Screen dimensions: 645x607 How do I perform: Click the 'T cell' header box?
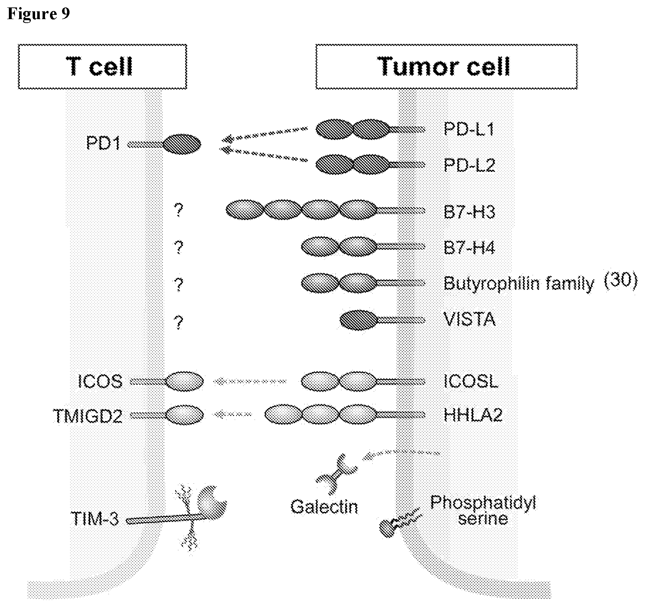pos(102,66)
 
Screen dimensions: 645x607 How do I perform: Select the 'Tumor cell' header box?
pos(446,66)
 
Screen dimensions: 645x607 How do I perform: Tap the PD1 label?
pos(104,143)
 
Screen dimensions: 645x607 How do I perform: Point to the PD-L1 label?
pos(469,129)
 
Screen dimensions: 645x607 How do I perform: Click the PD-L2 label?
pos(469,165)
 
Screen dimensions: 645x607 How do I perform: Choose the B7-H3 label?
pos(469,212)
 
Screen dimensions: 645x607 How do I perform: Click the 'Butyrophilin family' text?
pos(519,284)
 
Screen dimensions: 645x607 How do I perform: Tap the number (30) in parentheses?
pos(621,281)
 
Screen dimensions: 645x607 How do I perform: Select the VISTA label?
pos(469,320)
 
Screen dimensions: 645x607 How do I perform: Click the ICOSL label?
pos(471,381)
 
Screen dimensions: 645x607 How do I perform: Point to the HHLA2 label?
pos(473,415)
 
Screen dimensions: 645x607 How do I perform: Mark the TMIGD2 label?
pos(88,416)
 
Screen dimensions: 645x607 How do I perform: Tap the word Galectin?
pos(324,507)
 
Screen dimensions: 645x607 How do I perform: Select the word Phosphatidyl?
pos(483,502)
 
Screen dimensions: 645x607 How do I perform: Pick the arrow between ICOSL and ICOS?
pos(250,382)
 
